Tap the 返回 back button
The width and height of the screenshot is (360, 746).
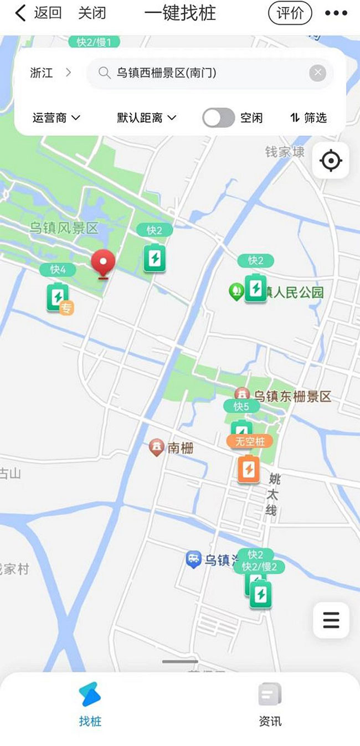click(38, 13)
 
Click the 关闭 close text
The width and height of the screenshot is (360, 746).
click(92, 13)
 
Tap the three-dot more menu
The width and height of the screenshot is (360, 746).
click(336, 13)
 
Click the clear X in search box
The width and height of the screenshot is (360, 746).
click(317, 73)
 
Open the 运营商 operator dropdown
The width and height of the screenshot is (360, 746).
click(56, 117)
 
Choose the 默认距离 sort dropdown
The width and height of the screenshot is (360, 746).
click(146, 117)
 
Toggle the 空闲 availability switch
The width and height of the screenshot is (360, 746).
click(218, 117)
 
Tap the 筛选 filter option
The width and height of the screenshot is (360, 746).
click(308, 117)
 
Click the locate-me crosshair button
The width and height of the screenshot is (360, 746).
click(331, 161)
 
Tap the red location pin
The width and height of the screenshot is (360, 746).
click(102, 264)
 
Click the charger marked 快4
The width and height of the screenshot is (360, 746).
click(58, 297)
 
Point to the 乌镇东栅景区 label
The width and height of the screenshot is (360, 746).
click(292, 396)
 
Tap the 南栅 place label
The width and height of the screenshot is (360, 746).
click(181, 447)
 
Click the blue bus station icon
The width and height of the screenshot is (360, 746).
click(193, 559)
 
